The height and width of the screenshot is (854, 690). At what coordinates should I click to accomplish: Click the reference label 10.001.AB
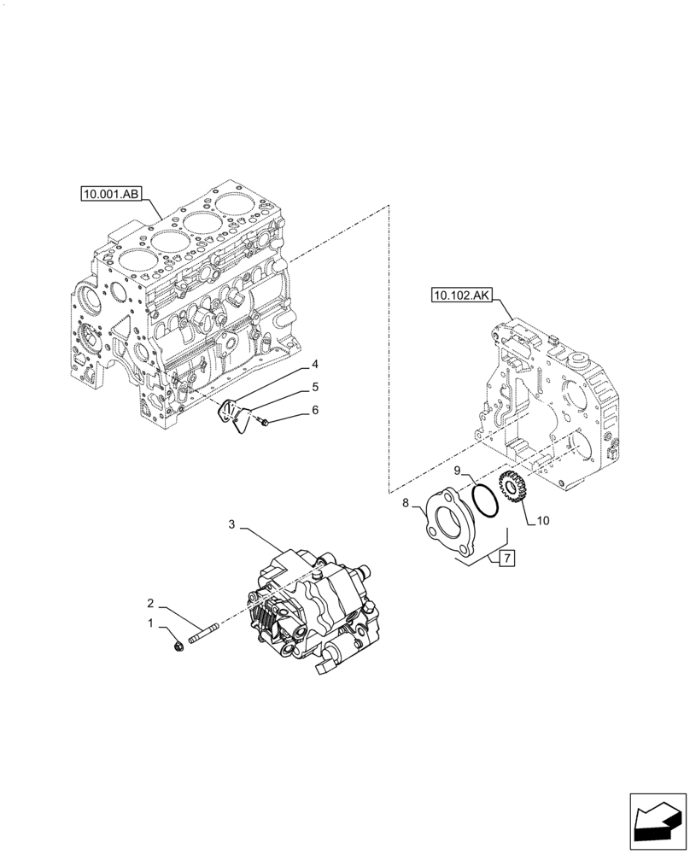pos(111,195)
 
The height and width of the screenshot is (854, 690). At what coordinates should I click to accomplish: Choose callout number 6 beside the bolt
pos(314,411)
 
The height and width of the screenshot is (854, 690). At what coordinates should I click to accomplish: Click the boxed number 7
pos(506,559)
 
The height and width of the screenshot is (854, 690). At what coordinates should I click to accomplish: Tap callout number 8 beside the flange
pos(406,504)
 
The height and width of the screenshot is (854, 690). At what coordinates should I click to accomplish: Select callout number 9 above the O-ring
pos(457,471)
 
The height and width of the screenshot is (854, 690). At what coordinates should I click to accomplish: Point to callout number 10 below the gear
pos(544,519)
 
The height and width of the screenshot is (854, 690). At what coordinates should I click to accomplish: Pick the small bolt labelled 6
pos(264,422)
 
